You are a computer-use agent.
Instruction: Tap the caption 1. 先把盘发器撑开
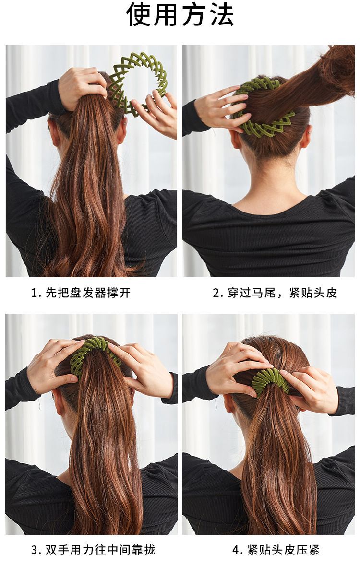pyautogui.click(x=81, y=293)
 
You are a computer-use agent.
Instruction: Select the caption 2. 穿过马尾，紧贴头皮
pyautogui.click(x=275, y=293)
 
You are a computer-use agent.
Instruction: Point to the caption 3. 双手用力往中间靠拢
pyautogui.click(x=93, y=549)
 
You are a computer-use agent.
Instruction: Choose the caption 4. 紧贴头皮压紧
pyautogui.click(x=276, y=549)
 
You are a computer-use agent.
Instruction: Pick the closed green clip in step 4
pyautogui.click(x=270, y=382)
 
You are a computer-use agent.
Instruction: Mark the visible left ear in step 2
pyautogui.click(x=236, y=139)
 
